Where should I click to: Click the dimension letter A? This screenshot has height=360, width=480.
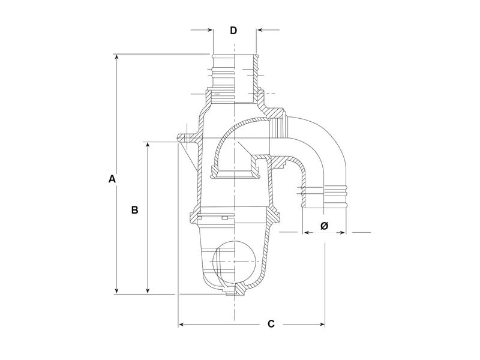(x=111, y=179)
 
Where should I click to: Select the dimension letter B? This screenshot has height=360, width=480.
(x=135, y=210)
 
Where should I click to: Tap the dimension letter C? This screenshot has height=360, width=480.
(x=271, y=324)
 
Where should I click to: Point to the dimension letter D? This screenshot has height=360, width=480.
(x=234, y=31)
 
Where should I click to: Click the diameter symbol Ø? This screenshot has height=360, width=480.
(x=324, y=226)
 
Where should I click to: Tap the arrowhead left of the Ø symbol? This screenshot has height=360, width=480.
(x=305, y=232)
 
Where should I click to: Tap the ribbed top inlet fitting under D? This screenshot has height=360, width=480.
(x=234, y=72)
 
